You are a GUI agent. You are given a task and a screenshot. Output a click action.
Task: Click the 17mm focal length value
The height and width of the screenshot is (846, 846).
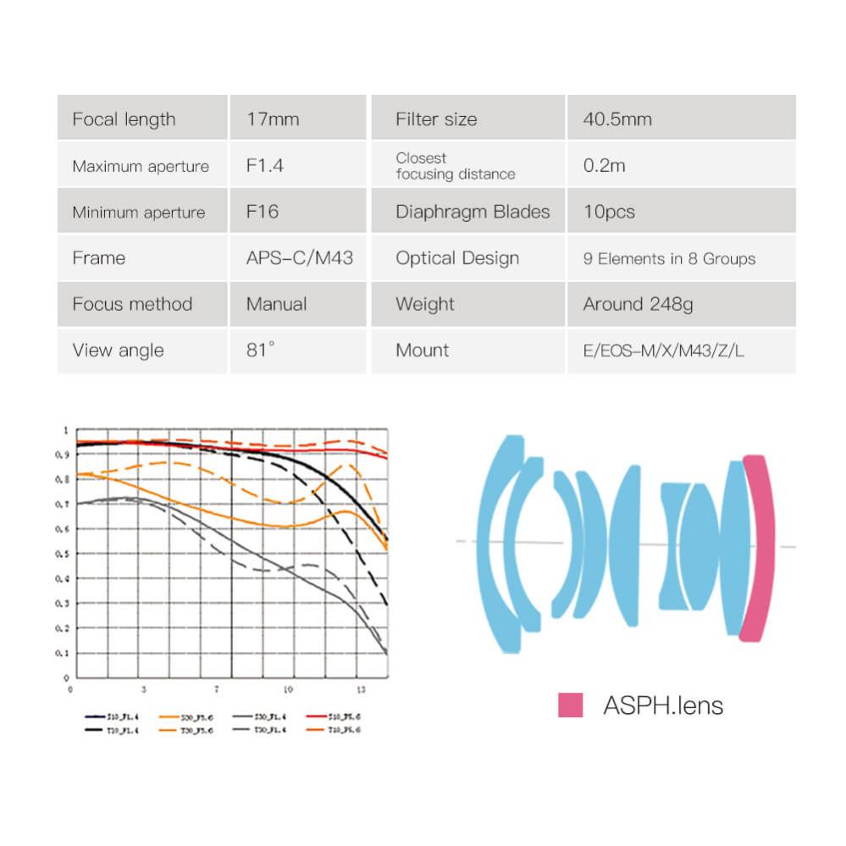(273, 119)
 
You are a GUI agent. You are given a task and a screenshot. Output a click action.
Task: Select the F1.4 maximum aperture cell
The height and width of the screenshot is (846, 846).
(265, 165)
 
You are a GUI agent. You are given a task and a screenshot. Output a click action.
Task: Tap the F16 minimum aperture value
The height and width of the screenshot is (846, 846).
(263, 212)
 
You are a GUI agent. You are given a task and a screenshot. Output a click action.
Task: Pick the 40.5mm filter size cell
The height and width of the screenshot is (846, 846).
(617, 119)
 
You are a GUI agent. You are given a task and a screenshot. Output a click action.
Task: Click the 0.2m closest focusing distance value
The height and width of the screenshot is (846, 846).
(604, 165)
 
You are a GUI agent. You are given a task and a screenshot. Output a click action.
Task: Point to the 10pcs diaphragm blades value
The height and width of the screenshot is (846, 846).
(609, 212)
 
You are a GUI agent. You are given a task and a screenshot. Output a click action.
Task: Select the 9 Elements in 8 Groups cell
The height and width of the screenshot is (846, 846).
(669, 258)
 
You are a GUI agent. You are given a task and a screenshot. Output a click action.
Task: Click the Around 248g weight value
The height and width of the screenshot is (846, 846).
(638, 304)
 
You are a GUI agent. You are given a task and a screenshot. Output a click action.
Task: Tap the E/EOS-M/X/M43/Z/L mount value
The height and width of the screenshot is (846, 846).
(664, 351)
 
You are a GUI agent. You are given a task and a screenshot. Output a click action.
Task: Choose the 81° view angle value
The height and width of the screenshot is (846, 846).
(261, 350)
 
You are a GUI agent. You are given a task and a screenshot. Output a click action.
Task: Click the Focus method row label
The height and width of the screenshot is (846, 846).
(132, 304)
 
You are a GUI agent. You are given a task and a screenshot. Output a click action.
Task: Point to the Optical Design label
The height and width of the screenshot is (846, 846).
(457, 258)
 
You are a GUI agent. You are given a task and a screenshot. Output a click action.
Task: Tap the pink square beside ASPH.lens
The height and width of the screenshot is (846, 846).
(570, 705)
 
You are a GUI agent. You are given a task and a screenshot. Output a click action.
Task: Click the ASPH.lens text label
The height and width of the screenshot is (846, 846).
(663, 705)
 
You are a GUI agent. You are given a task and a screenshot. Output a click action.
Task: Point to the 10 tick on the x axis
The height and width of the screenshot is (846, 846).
(289, 689)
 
